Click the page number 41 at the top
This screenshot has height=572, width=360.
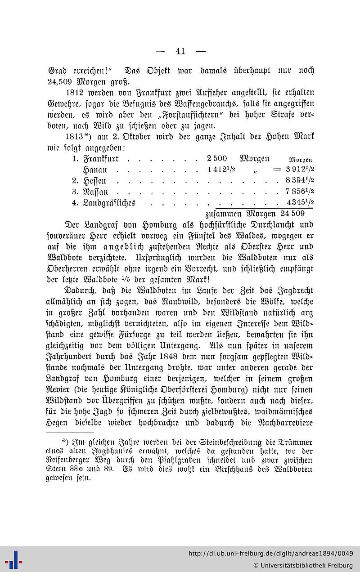coord(180,51)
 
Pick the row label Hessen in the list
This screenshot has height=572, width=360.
coord(94,181)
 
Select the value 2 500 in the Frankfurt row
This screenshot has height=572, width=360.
coord(217,159)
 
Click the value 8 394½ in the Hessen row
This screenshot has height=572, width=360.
coord(299,181)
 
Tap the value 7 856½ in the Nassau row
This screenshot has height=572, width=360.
coord(299,192)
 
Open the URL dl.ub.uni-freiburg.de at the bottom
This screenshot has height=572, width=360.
coord(270,554)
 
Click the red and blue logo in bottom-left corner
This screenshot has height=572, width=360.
coord(13,559)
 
